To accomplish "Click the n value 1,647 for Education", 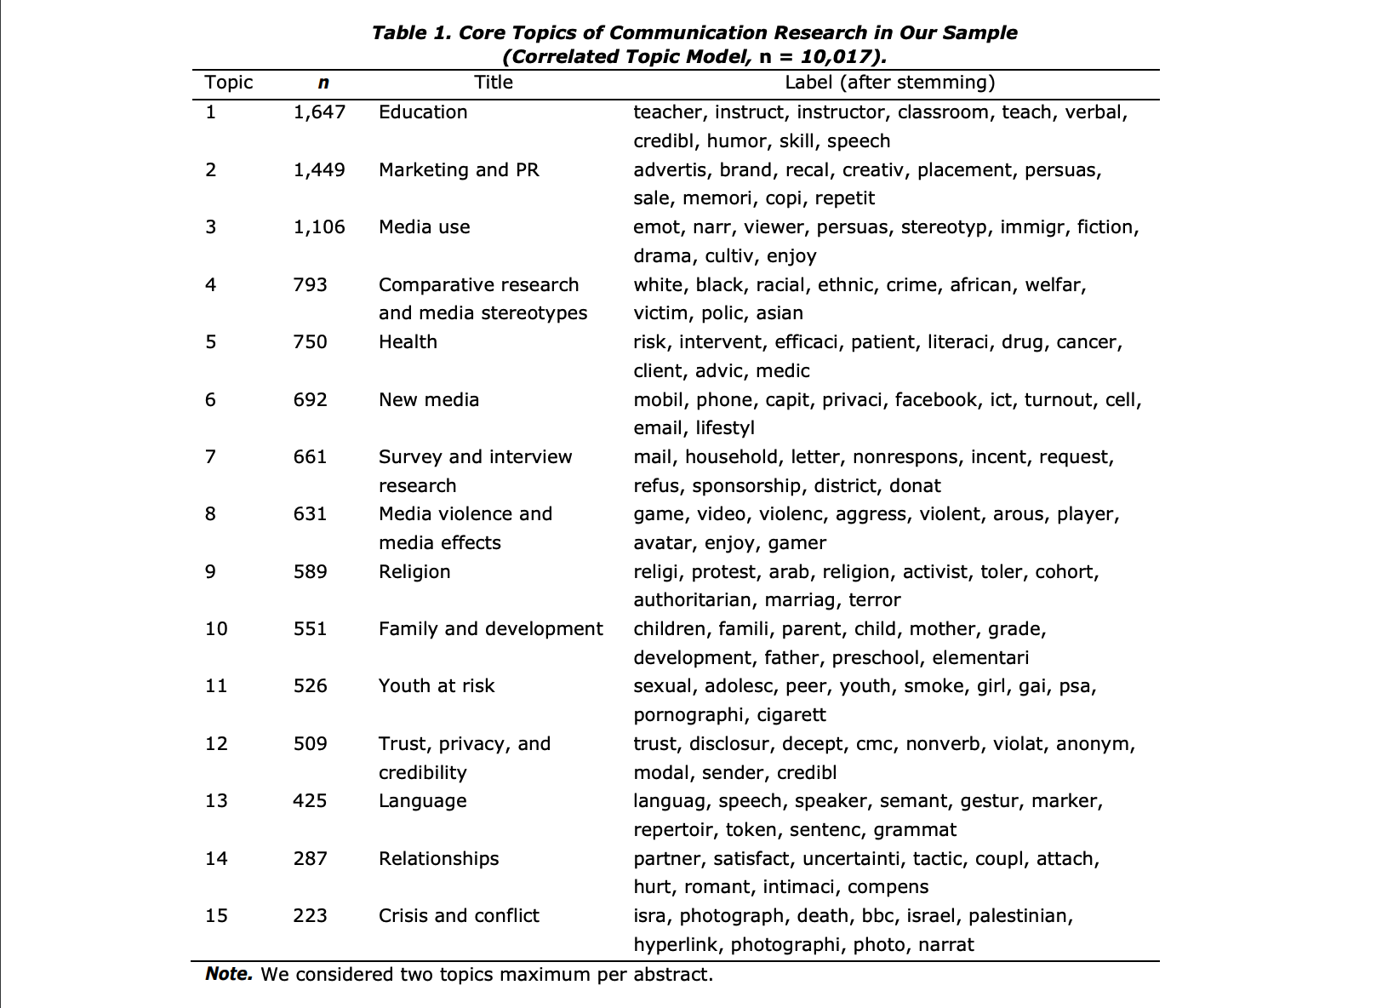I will (x=319, y=112).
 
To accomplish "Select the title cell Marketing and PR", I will (x=459, y=169).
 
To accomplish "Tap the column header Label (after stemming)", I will (x=889, y=83).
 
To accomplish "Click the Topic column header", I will (x=229, y=83).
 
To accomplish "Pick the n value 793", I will (x=310, y=284).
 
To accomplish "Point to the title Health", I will (x=408, y=341).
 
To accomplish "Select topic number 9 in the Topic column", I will (x=210, y=571).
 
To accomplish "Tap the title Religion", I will (x=414, y=571).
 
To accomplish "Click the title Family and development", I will (x=490, y=628).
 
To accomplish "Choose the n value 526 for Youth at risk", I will (x=310, y=685).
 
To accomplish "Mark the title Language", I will (x=422, y=800).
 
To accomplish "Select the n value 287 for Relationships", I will (x=310, y=858).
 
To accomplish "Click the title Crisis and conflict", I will (x=459, y=915).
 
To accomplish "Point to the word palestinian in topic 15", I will (x=1019, y=915).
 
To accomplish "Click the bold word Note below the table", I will (x=228, y=974).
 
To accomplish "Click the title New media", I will (x=429, y=399).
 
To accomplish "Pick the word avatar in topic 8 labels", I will (x=663, y=542).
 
